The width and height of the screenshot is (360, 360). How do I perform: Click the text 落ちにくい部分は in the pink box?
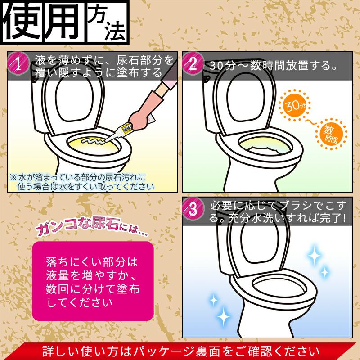point(91,261)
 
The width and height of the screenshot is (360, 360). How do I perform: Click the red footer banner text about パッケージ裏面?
point(180,351)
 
